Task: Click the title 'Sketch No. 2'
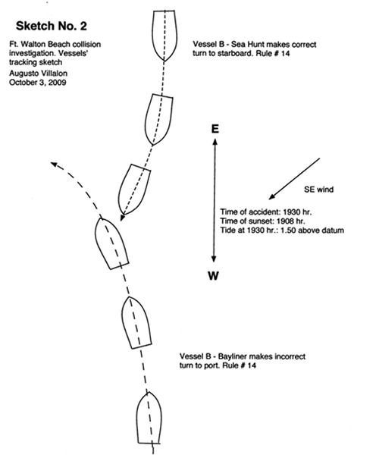pyautogui.click(x=51, y=26)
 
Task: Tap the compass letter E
pyautogui.click(x=215, y=129)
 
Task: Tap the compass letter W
pyautogui.click(x=214, y=276)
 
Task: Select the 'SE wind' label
pyautogui.click(x=318, y=190)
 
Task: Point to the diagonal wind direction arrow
pyautogui.click(x=294, y=179)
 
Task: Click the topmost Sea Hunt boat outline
pyautogui.click(x=164, y=36)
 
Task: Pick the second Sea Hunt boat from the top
pyautogui.click(x=159, y=119)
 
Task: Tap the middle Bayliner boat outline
pyautogui.click(x=136, y=323)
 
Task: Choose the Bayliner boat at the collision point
pyautogui.click(x=111, y=244)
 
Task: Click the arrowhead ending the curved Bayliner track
pyautogui.click(x=54, y=165)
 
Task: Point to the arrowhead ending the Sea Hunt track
pyautogui.click(x=122, y=218)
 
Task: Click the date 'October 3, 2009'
pyautogui.click(x=38, y=83)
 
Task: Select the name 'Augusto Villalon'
pyautogui.click(x=38, y=74)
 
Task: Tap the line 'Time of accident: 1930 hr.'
pyautogui.click(x=266, y=212)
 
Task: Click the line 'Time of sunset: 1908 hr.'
pyautogui.click(x=262, y=221)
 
